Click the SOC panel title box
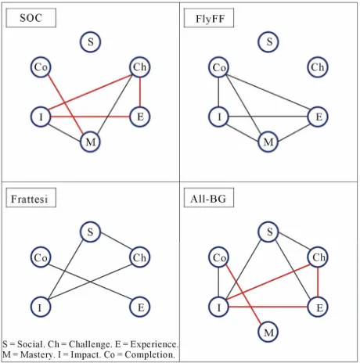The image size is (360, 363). coord(31,18)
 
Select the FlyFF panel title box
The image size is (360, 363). coord(209,18)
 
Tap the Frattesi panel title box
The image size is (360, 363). coord(31,198)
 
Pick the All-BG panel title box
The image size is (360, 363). coord(209,198)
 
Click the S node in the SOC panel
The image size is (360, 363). coord(90,41)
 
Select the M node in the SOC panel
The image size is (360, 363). coord(90,142)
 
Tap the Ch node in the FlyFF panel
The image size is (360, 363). coord(318,67)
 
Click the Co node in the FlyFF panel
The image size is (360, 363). coord(218,67)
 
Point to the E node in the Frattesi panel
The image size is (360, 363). coord(140,307)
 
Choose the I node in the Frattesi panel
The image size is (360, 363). coord(41,307)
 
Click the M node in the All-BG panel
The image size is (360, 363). coord(268,332)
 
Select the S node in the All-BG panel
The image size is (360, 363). coord(268,232)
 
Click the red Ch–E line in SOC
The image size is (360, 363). coord(140,92)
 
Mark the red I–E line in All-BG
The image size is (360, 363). coord(268,307)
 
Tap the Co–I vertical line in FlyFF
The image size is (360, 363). coord(218,92)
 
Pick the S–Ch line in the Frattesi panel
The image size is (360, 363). coord(115,241)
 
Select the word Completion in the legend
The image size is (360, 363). coord(149,354)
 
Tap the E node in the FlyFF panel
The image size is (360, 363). coord(318,117)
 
